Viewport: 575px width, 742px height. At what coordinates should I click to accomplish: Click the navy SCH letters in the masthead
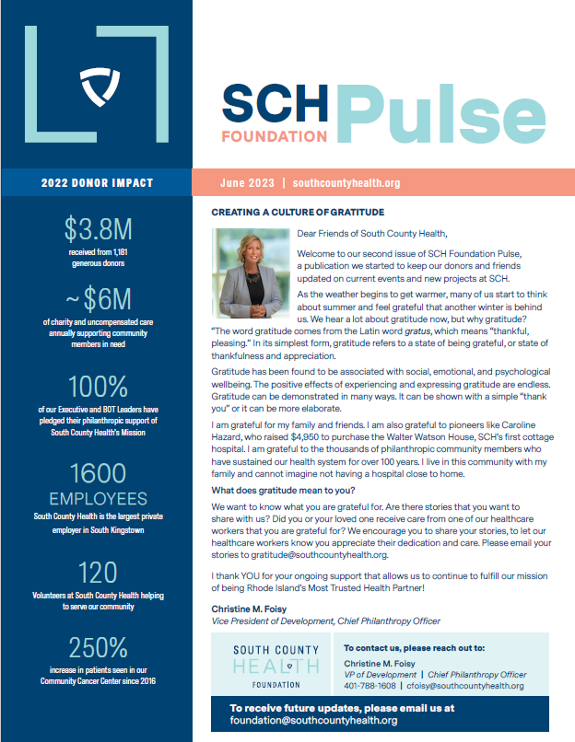coord(275,104)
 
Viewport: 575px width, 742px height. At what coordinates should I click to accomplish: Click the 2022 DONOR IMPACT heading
coord(97,183)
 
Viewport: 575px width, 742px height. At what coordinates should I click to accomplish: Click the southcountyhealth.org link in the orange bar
coord(346,183)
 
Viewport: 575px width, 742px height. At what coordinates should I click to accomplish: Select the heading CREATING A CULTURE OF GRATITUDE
coord(287,213)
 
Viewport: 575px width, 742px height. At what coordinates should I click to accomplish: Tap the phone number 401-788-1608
coord(370,686)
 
